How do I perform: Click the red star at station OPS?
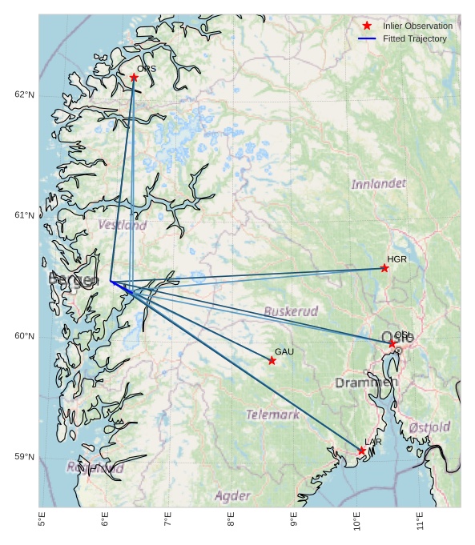[x=134, y=78]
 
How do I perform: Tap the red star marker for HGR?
[x=384, y=268]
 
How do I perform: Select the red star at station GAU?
[x=272, y=361]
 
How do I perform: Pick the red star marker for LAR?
[x=362, y=451]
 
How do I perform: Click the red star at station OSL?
[x=392, y=343]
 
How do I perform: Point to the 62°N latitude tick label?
[x=25, y=95]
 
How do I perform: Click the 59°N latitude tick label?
[x=25, y=457]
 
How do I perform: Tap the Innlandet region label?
[x=378, y=185]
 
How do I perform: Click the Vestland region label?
[x=123, y=225]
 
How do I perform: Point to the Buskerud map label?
[x=291, y=311]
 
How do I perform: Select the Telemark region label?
[x=272, y=415]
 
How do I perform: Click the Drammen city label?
[x=366, y=383]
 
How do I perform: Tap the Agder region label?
[x=232, y=496]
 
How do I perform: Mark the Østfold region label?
[x=429, y=427]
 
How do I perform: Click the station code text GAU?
[x=284, y=351]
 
